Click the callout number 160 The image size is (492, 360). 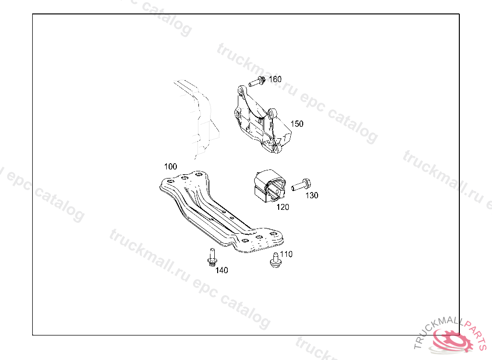click(275, 79)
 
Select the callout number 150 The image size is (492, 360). click(297, 124)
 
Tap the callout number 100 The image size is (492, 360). click(171, 167)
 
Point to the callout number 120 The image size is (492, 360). click(283, 207)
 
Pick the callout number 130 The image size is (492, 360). click(312, 195)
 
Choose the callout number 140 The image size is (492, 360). click(221, 270)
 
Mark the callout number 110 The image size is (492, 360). click(286, 254)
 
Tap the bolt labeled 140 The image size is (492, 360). click(211, 256)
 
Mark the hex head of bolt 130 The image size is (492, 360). click(307, 182)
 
